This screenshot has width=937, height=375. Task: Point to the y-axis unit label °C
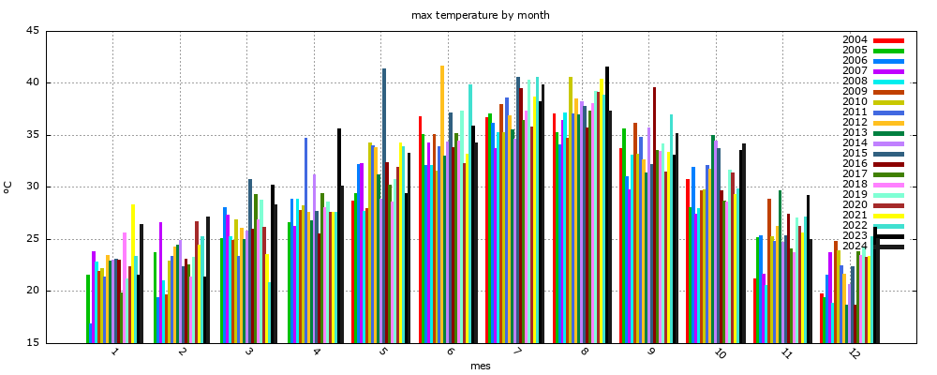point(7,187)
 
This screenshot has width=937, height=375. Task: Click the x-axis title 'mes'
point(480,366)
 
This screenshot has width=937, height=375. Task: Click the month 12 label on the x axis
point(854,354)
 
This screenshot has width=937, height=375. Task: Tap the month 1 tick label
point(114,352)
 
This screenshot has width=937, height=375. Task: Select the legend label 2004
point(855,40)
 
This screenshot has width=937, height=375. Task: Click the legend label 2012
point(855,123)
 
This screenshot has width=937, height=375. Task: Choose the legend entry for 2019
point(855,195)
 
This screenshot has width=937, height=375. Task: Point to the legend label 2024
point(855,247)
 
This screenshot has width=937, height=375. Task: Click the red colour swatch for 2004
point(888,40)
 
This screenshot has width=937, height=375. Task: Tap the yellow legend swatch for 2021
point(888,216)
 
